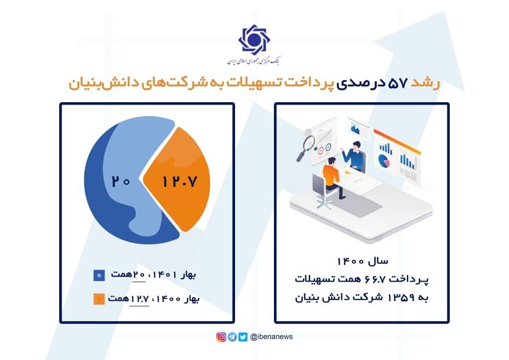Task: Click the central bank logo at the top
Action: click(254, 39)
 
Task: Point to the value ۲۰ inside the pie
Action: click(121, 181)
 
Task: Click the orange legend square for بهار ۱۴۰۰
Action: click(99, 299)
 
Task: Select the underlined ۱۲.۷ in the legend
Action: click(140, 298)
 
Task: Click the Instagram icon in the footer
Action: click(221, 337)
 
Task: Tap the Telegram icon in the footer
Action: click(232, 337)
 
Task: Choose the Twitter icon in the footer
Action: click(243, 337)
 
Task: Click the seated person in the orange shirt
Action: click(331, 174)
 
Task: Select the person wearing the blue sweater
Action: click(354, 154)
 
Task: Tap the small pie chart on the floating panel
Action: click(383, 159)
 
